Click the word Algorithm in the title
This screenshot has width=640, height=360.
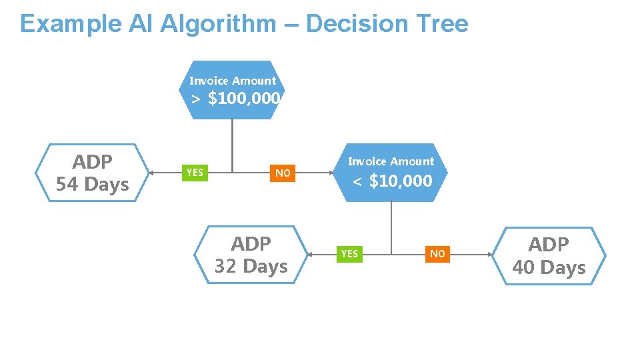[218, 24]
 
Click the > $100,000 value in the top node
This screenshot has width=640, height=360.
[235, 99]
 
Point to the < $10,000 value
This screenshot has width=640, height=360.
[393, 181]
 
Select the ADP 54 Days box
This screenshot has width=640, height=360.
[93, 173]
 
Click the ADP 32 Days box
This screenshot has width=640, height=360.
[251, 255]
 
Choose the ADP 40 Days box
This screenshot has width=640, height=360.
[549, 256]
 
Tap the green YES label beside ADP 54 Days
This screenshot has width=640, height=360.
[195, 173]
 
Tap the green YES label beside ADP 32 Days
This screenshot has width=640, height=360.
[349, 253]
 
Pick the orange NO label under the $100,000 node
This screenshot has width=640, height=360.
[283, 173]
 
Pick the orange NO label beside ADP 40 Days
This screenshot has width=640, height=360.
[437, 253]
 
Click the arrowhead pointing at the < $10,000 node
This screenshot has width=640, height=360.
[333, 173]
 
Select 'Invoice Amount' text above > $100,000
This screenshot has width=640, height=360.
[232, 81]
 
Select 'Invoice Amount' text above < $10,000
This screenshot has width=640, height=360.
[391, 161]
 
